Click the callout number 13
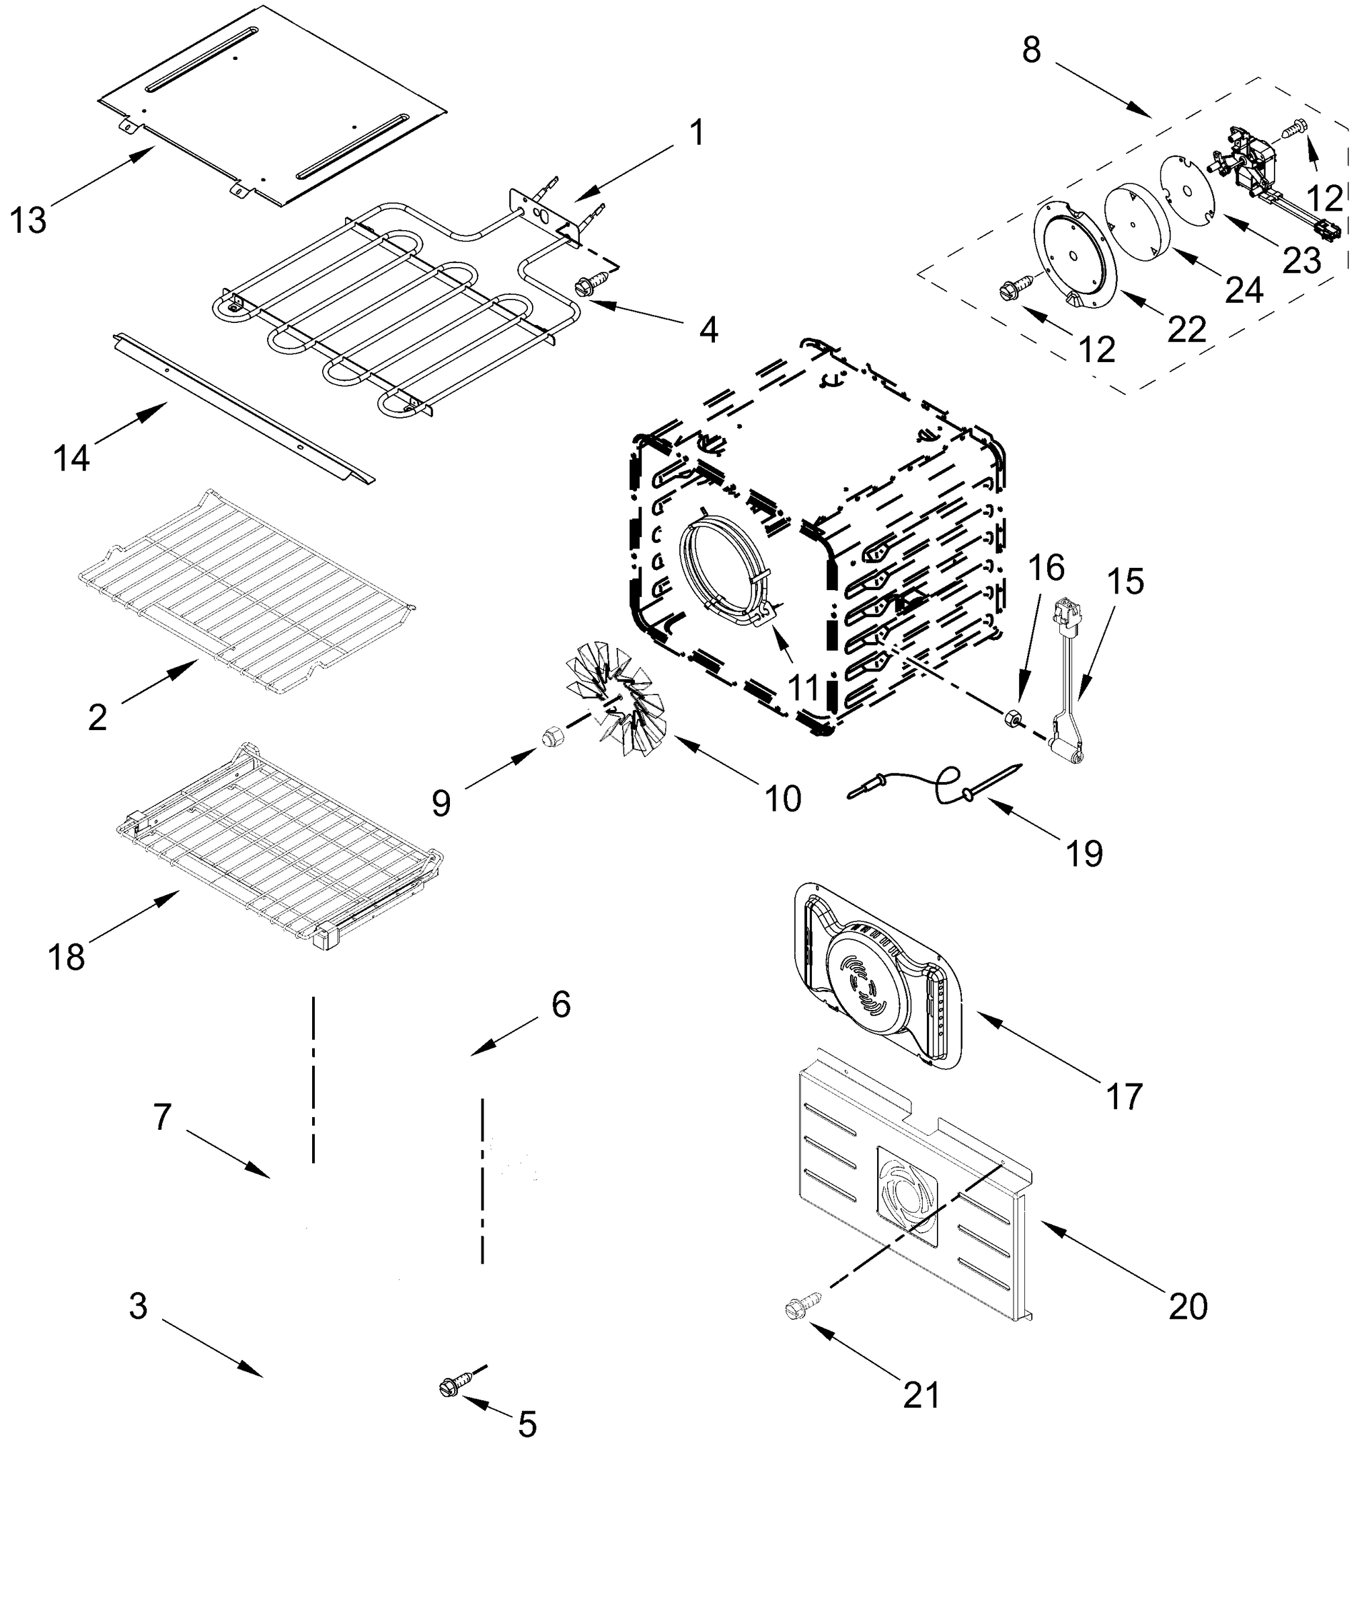point(28,220)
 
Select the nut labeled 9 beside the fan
point(552,738)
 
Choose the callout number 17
point(1123,1096)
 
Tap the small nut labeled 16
point(1012,718)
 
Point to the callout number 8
point(1032,50)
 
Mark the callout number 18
point(67,958)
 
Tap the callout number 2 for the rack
point(98,718)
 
